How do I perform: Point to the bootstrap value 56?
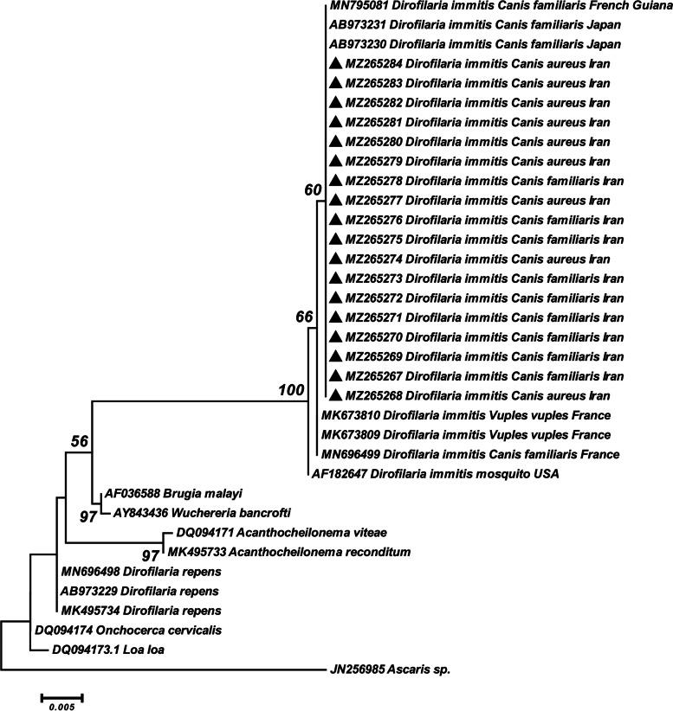coord(81,441)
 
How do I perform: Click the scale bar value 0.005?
coord(61,706)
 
